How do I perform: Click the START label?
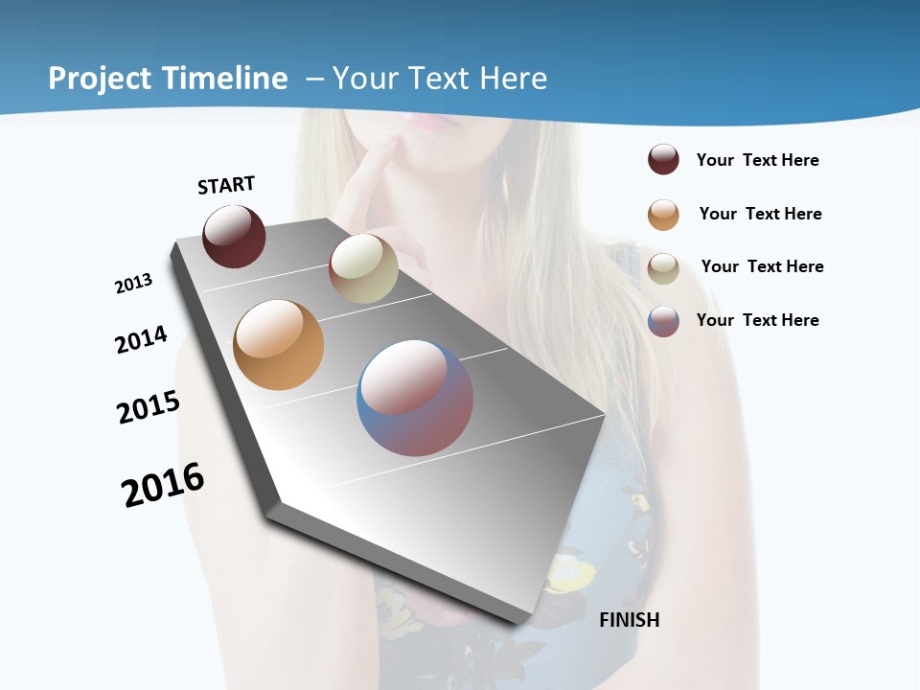tap(226, 185)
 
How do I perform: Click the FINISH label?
tap(630, 620)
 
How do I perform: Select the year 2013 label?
tap(133, 284)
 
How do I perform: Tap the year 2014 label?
tap(141, 339)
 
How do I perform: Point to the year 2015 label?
tap(149, 407)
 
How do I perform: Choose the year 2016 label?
tap(163, 485)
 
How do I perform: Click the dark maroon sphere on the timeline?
tap(234, 237)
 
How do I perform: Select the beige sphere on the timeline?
tap(363, 268)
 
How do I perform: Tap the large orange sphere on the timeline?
tap(278, 345)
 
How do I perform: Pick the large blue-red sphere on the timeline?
tap(415, 398)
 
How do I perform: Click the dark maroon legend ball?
tap(663, 160)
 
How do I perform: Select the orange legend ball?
tap(663, 215)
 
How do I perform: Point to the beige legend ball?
tap(663, 268)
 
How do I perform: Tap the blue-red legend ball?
tap(663, 321)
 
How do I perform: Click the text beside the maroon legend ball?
tap(757, 160)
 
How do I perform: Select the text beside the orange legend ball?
tap(760, 214)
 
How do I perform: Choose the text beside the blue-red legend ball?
tap(757, 320)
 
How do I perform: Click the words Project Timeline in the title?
tap(168, 79)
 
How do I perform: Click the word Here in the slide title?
tap(513, 79)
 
